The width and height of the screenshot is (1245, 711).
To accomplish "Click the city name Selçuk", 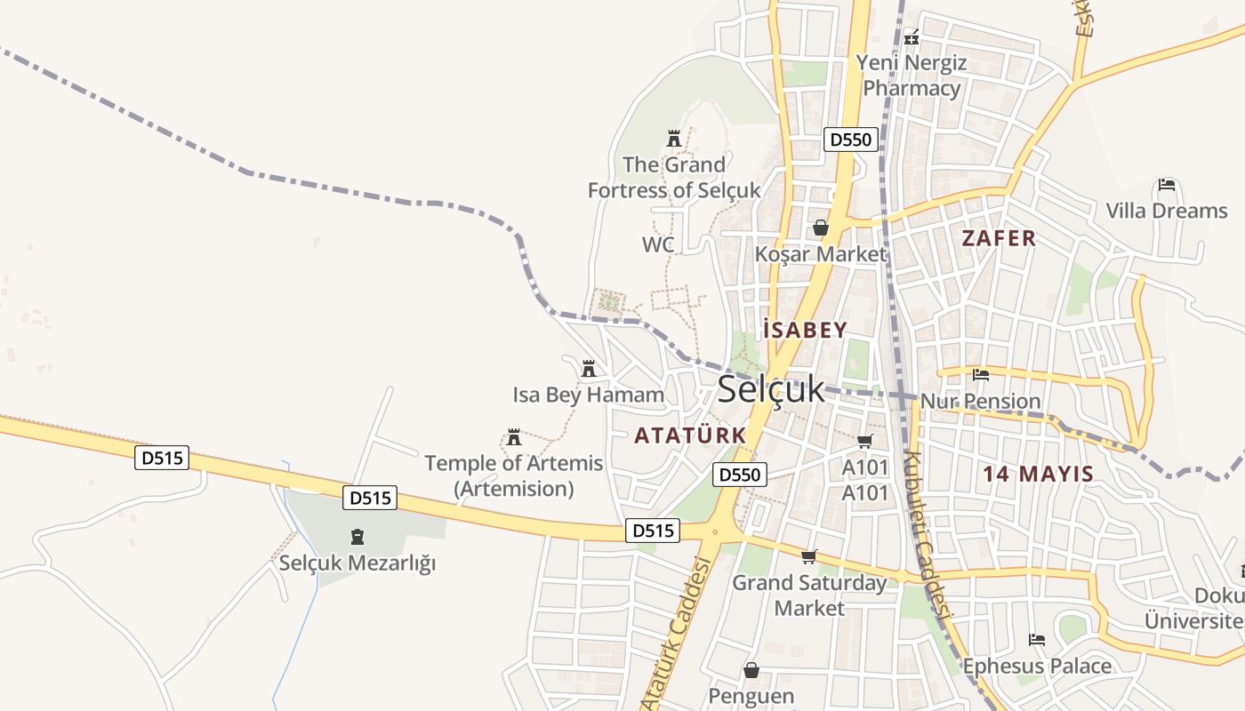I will click(770, 389).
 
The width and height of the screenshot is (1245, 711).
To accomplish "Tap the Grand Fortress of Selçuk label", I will click(674, 177).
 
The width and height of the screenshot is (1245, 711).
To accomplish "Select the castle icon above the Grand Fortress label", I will click(674, 139).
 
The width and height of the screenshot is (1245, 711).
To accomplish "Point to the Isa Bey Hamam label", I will click(588, 395).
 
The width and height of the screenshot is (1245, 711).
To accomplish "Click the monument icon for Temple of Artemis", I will click(514, 436).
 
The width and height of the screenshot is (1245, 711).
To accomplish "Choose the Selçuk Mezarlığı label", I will click(357, 563).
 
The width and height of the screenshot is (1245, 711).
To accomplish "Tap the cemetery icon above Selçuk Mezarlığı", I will click(357, 536).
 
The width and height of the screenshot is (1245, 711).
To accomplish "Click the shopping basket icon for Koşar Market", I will click(820, 228).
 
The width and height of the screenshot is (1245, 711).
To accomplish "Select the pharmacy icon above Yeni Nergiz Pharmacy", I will click(911, 37).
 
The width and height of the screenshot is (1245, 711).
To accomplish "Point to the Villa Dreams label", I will click(1166, 211).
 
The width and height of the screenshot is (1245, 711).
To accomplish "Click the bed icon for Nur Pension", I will click(981, 374).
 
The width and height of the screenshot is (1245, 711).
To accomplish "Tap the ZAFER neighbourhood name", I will click(999, 238).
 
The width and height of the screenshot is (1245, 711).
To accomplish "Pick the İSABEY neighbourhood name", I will click(805, 331).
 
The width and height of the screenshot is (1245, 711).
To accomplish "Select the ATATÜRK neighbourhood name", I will click(690, 436).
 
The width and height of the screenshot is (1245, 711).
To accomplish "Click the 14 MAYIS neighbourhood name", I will click(1038, 474).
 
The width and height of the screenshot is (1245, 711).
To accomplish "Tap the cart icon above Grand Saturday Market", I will click(808, 556).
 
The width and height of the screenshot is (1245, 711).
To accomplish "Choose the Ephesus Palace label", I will click(1037, 666).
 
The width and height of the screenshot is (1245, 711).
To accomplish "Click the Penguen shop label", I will click(751, 695).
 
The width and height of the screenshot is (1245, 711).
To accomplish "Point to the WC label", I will click(658, 244).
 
